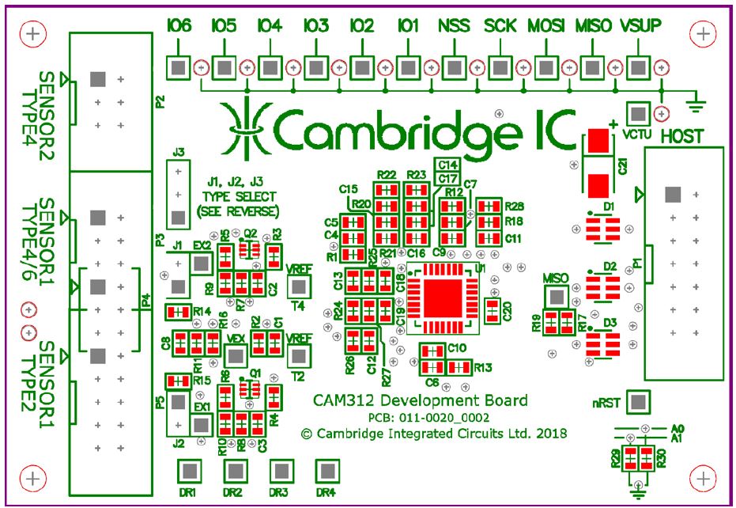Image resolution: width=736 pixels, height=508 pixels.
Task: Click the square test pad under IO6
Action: coord(179,66)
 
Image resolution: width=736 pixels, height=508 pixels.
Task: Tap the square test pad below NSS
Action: coord(455,66)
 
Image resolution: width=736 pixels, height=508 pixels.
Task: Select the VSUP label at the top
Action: coord(640,26)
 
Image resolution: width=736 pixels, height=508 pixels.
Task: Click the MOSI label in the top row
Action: coord(546,26)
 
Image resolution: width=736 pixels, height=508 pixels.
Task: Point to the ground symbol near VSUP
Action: coord(696,97)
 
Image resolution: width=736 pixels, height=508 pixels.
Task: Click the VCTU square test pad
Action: coord(637,112)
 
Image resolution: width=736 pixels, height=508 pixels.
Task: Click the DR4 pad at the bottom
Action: coord(326,471)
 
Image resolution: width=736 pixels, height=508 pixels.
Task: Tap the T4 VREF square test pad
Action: coord(299,286)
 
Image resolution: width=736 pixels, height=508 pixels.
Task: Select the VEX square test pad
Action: coord(233,355)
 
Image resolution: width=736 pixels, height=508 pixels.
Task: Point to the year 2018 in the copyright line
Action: coord(550,433)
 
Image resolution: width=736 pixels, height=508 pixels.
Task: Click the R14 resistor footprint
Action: coord(179,311)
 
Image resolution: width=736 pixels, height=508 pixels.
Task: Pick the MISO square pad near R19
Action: coord(557,297)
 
